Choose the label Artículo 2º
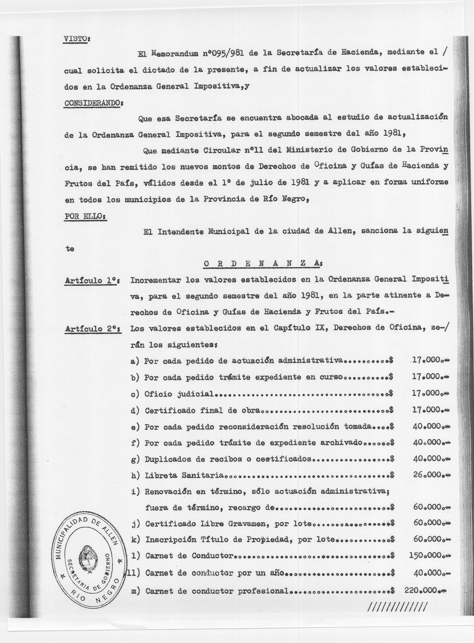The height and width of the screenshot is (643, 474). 92,329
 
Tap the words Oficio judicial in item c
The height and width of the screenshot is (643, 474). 179,394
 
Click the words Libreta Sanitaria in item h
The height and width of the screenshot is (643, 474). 184,475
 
